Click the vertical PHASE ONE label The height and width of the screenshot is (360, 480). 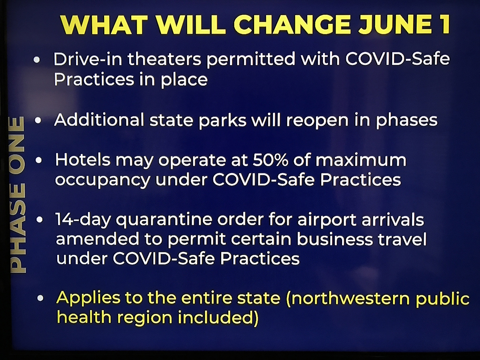[17, 194]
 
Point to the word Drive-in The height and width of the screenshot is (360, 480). [88, 59]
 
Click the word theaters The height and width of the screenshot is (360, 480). [164, 59]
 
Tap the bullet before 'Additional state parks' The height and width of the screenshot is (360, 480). [38, 120]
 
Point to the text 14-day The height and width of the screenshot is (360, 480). [83, 220]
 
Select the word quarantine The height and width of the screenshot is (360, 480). [164, 220]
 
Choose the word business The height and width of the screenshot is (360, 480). [334, 239]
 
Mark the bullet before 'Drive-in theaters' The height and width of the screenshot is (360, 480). [37, 60]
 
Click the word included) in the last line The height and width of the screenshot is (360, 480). [218, 318]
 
